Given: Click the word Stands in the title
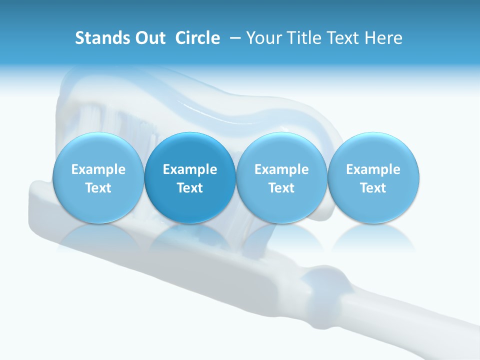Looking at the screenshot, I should (98, 38).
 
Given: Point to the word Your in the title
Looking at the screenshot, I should (263, 38).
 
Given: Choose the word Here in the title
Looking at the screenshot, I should (383, 38).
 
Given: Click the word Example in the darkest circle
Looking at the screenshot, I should (190, 169).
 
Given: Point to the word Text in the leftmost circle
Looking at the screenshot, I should (98, 188).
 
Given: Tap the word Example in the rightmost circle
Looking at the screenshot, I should (373, 169).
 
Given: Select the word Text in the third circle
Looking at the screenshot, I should (281, 188).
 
